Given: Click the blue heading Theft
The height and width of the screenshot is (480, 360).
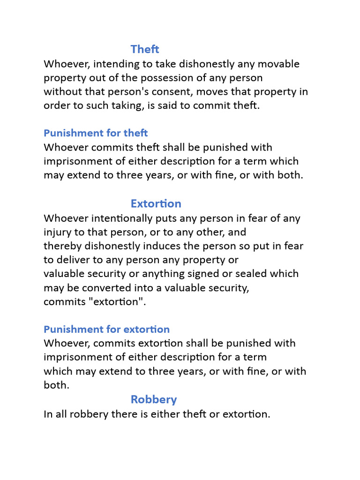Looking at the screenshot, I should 145,49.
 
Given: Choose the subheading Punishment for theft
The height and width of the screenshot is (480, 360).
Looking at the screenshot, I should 96,133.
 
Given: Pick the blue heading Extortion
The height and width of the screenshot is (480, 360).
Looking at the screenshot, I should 156,203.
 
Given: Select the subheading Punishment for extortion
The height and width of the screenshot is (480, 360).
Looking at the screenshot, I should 106,329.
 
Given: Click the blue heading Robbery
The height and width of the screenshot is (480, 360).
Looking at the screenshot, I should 153,399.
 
